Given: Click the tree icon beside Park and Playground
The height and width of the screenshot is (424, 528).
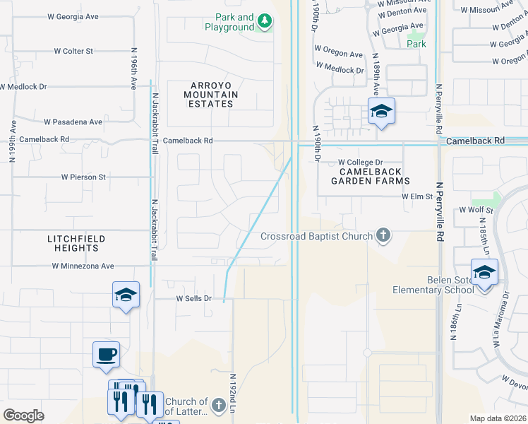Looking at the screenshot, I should [x=265, y=22].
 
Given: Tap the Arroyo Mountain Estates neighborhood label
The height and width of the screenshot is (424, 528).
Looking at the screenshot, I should [x=211, y=94].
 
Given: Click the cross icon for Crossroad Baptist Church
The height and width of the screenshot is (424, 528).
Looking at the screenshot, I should [x=383, y=235].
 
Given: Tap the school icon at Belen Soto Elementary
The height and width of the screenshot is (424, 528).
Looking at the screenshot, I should [x=484, y=273].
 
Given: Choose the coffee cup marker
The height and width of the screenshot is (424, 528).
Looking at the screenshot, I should [x=106, y=354].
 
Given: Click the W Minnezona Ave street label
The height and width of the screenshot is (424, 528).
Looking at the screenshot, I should [x=83, y=266].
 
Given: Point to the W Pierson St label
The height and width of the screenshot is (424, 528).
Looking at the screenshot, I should [x=83, y=177].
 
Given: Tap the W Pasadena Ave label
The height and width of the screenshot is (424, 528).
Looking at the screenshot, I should [x=73, y=122].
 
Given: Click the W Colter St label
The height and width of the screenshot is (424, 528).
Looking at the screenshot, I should [x=73, y=51].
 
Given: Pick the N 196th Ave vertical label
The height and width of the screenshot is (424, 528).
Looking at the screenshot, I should [x=133, y=69].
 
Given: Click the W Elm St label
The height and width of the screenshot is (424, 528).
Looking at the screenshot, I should [x=416, y=197].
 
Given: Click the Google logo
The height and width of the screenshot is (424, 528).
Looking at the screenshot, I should [x=23, y=415].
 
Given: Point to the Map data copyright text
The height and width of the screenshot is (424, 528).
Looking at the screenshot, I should [x=497, y=418].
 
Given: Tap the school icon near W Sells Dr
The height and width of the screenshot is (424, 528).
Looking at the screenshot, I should [x=126, y=295].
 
